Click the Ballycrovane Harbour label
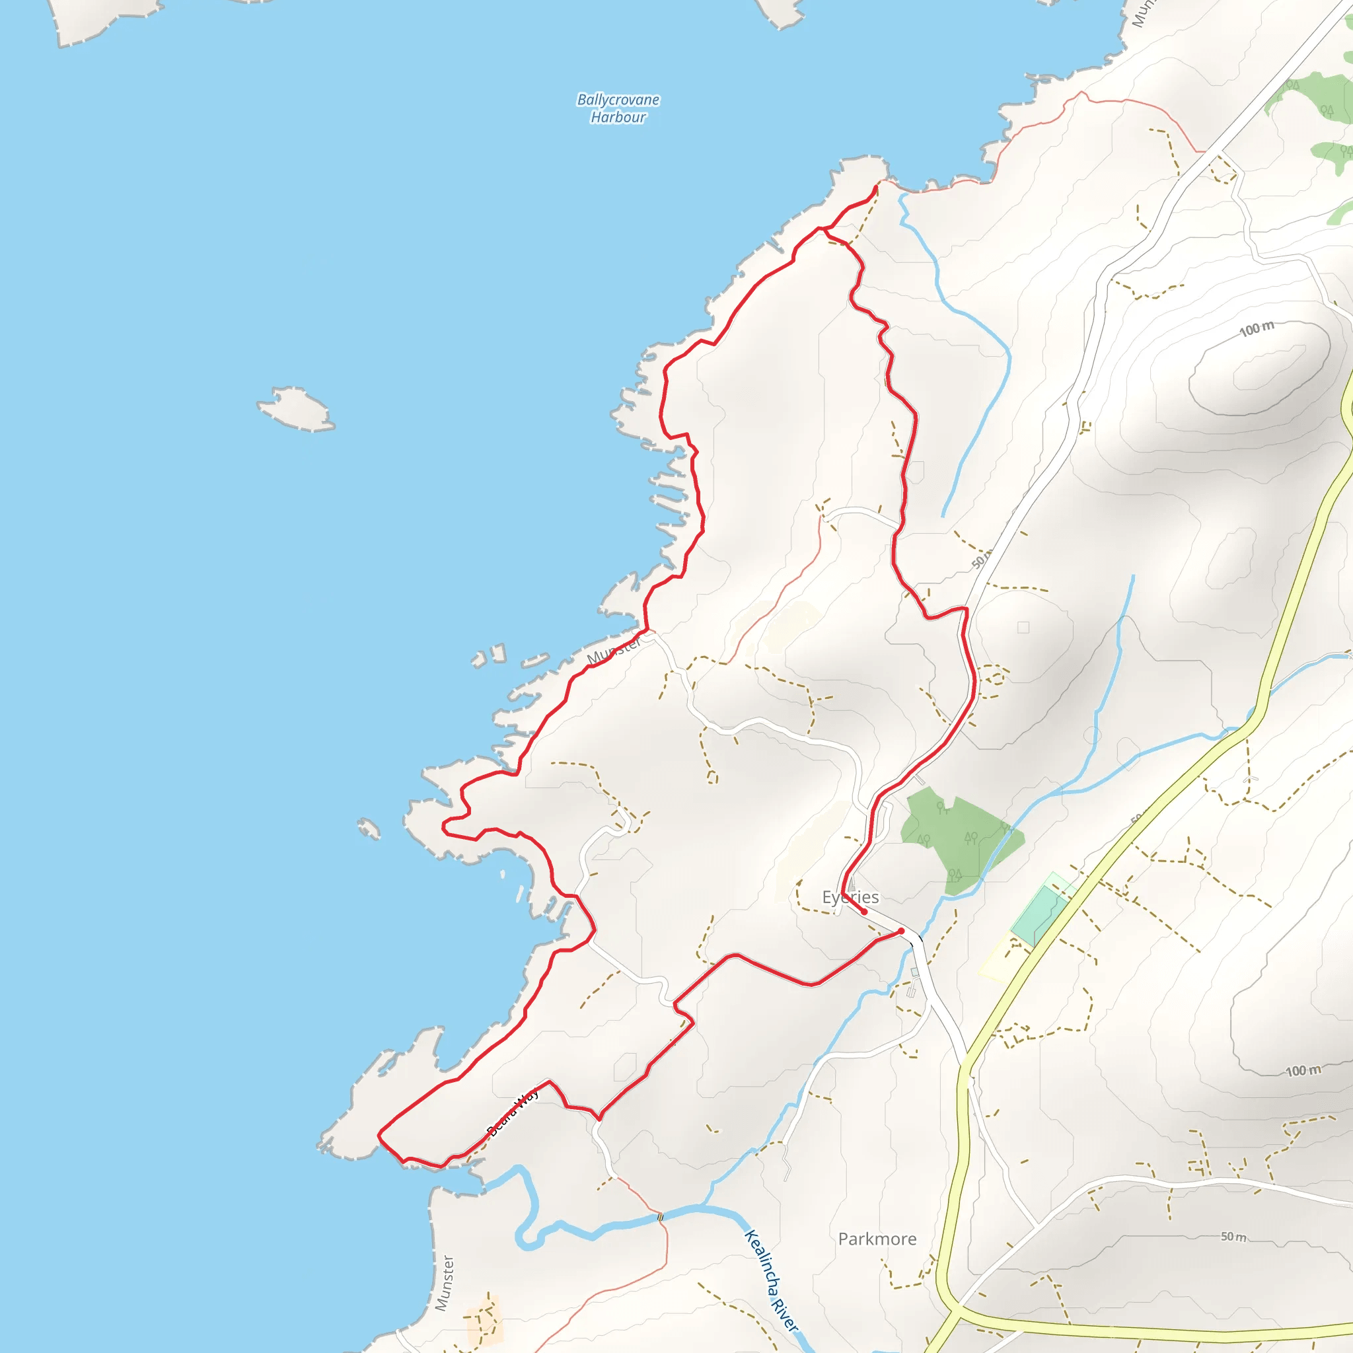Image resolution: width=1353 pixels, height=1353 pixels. click(618, 108)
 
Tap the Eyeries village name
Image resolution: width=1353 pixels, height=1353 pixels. click(850, 897)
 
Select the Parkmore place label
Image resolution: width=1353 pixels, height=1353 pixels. click(877, 1239)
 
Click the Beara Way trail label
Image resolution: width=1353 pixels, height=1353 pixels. click(513, 1112)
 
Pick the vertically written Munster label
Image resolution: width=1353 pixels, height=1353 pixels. click(444, 1283)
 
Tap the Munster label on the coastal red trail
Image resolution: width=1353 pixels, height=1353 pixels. click(614, 651)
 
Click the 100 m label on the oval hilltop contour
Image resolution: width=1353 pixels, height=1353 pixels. click(1257, 328)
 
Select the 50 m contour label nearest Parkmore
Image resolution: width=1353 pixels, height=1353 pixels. click(1233, 1237)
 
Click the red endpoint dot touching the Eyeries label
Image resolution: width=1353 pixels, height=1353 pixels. click(864, 912)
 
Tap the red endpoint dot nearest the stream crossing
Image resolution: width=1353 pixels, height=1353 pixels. click(900, 931)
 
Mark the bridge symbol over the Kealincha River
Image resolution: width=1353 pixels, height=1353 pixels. click(661, 1217)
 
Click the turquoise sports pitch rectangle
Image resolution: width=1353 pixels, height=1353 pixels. click(1039, 914)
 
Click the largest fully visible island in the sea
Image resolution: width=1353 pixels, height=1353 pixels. click(295, 408)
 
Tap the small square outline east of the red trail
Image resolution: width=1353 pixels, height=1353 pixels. click(1023, 628)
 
